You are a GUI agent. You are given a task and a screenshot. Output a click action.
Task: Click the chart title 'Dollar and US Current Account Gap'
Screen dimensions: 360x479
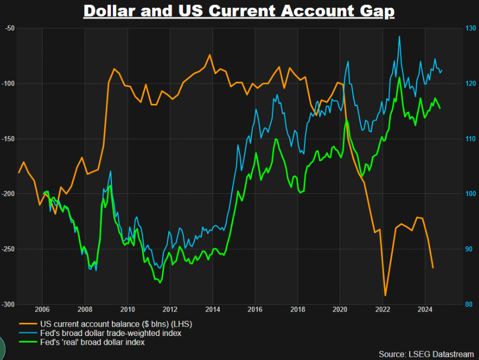point(239,11)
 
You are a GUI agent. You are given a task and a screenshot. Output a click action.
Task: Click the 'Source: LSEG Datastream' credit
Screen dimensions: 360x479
point(426,354)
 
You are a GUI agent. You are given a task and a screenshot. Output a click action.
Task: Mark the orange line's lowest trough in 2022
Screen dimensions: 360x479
point(385,296)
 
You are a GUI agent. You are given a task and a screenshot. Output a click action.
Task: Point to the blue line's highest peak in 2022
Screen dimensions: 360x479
point(399,37)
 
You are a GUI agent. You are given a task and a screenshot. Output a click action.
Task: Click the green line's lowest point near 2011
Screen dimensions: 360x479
point(160,282)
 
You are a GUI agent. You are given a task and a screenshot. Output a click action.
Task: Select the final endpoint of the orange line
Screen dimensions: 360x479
point(433,268)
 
